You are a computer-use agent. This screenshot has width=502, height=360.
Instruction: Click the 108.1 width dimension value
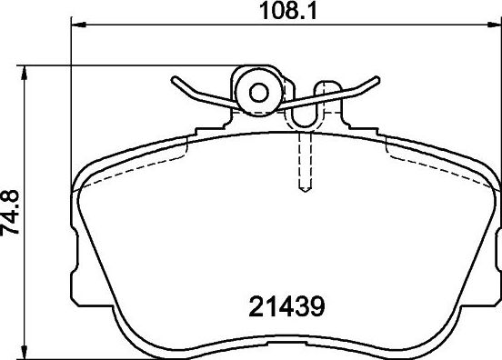tap(285, 12)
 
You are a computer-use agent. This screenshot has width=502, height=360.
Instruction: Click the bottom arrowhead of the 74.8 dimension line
tap(28, 353)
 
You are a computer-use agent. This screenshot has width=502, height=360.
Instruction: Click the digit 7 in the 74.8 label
tap(12, 230)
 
